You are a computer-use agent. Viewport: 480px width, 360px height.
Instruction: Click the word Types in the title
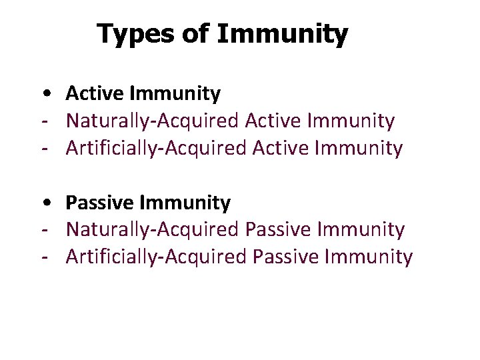137,33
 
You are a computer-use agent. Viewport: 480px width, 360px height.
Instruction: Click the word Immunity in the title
281,33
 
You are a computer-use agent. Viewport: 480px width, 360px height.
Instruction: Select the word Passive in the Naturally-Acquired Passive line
279,229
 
